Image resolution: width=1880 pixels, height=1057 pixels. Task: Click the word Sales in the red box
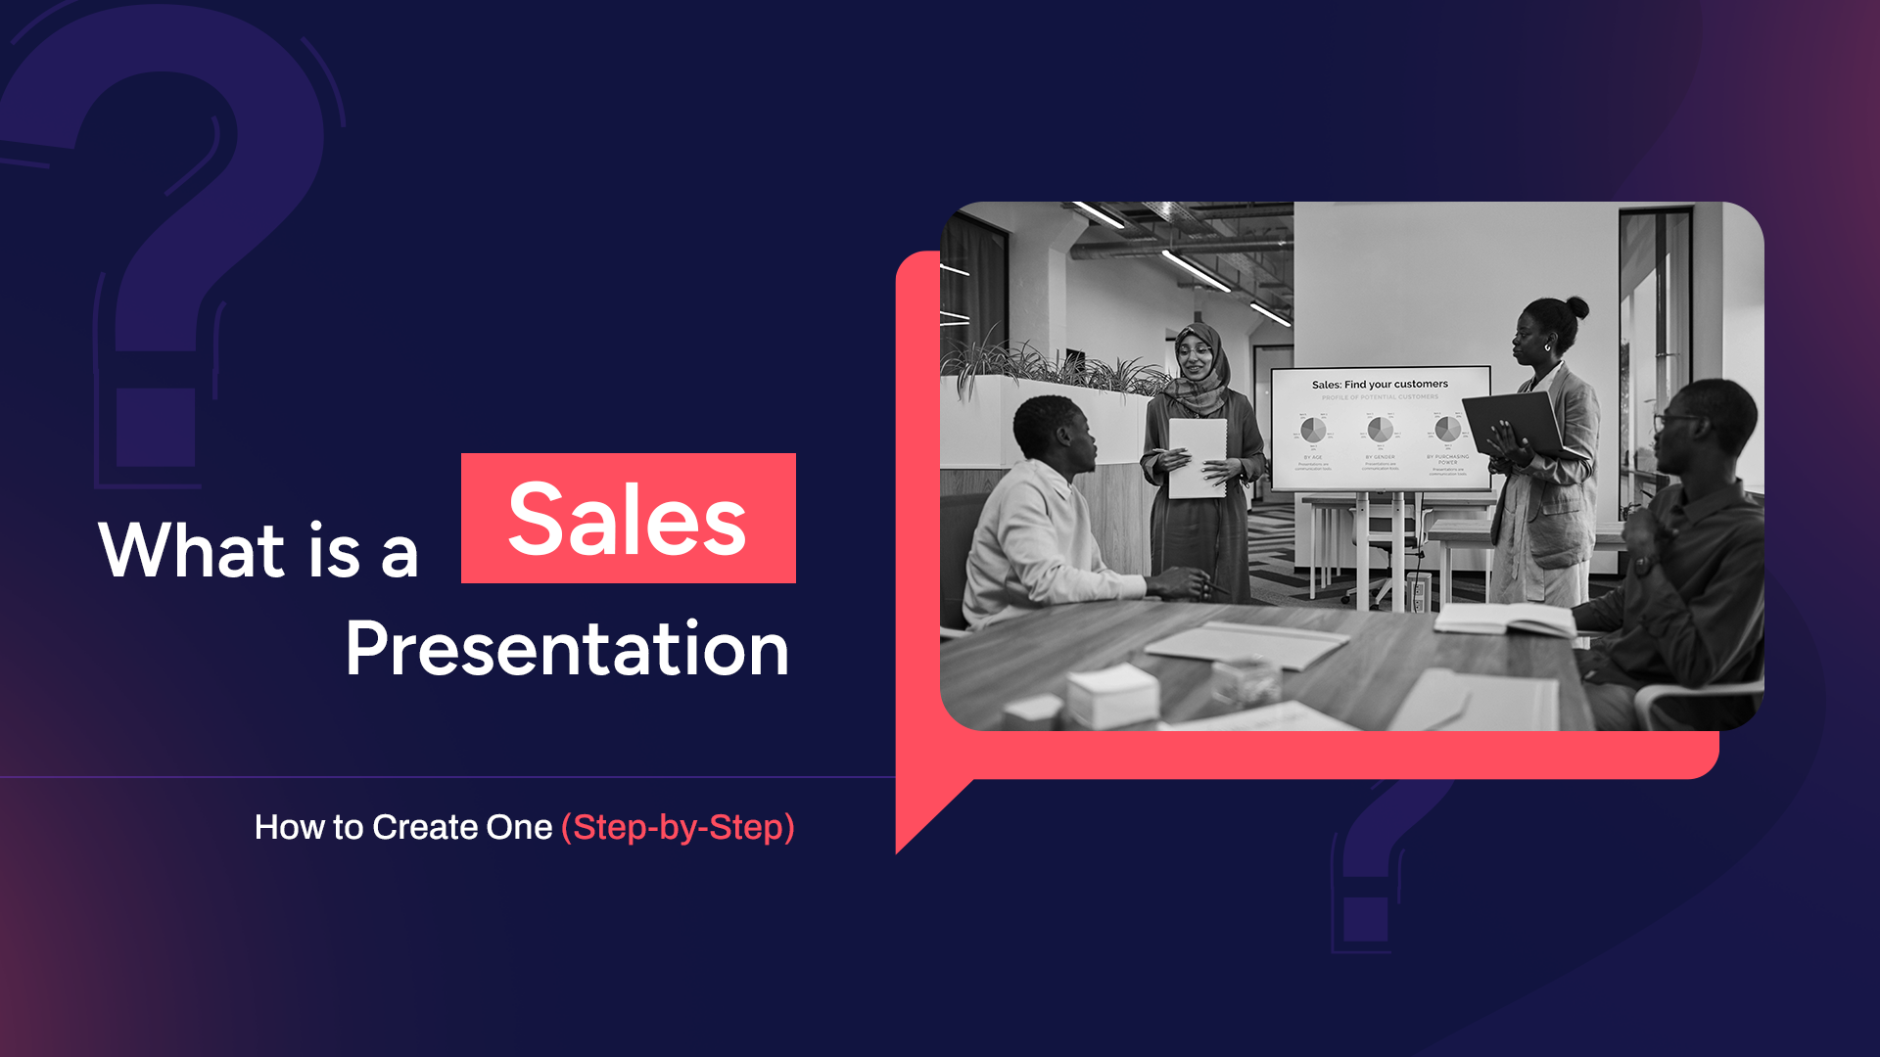coord(628,520)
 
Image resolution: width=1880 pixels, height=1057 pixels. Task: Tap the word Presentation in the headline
coord(567,649)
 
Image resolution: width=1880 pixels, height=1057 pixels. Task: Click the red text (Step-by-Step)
coord(678,828)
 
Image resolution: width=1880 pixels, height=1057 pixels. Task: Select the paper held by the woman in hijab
coord(1197,457)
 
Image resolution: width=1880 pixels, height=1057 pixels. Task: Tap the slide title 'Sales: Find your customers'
coord(1380,385)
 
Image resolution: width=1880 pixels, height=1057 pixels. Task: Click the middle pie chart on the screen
coord(1380,430)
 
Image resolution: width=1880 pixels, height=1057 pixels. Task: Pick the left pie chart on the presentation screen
coord(1313,430)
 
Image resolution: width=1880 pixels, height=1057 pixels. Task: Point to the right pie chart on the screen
coord(1447,429)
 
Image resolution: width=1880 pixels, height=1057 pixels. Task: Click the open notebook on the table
coord(1504,619)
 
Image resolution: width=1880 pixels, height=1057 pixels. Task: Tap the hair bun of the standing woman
coord(1576,307)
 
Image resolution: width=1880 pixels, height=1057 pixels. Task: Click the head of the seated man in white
coord(1053,435)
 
